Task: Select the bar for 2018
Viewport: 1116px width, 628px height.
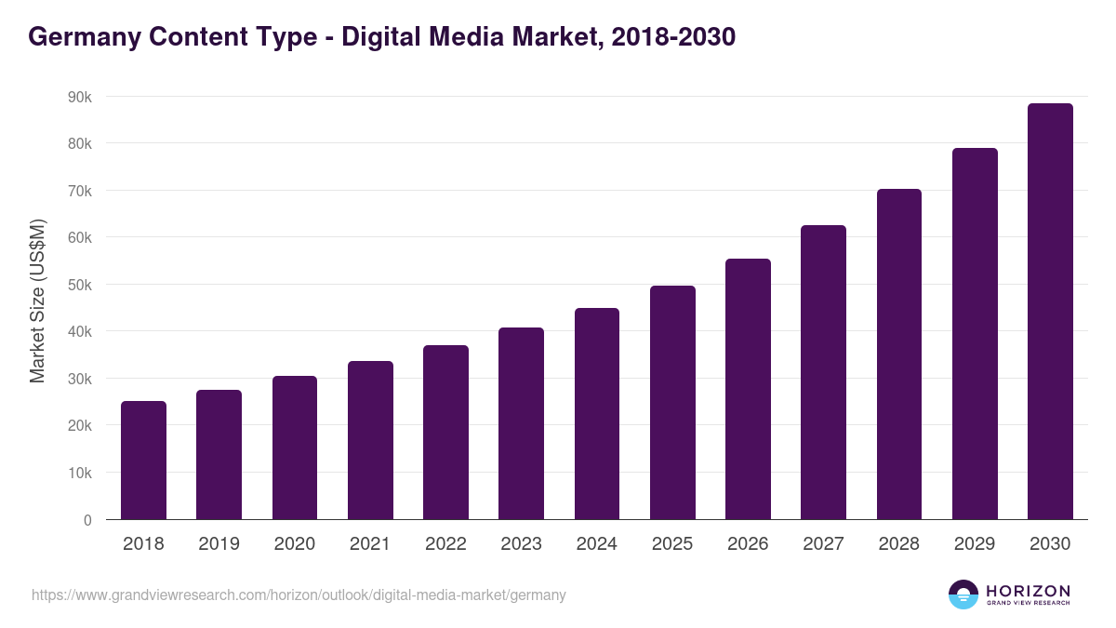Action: click(x=143, y=460)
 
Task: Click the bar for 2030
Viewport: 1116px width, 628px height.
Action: click(x=1050, y=311)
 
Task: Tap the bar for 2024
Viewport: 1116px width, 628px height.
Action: click(x=596, y=413)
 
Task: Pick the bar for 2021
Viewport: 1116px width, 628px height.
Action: click(x=370, y=440)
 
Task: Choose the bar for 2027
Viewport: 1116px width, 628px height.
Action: click(x=823, y=372)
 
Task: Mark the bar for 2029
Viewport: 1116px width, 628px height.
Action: click(x=975, y=333)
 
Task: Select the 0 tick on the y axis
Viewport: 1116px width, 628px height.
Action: click(x=87, y=520)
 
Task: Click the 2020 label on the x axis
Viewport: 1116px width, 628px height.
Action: click(x=294, y=544)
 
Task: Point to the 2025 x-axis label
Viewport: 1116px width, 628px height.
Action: click(x=671, y=544)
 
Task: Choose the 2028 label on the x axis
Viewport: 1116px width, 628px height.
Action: click(x=898, y=544)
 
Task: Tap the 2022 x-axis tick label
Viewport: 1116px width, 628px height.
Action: click(x=445, y=544)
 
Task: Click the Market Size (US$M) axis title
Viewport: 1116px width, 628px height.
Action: click(x=37, y=300)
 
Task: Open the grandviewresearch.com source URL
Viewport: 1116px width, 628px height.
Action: click(x=299, y=595)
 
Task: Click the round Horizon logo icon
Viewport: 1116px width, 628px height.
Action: click(x=963, y=595)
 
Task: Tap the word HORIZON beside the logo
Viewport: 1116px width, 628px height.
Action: click(x=1028, y=590)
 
